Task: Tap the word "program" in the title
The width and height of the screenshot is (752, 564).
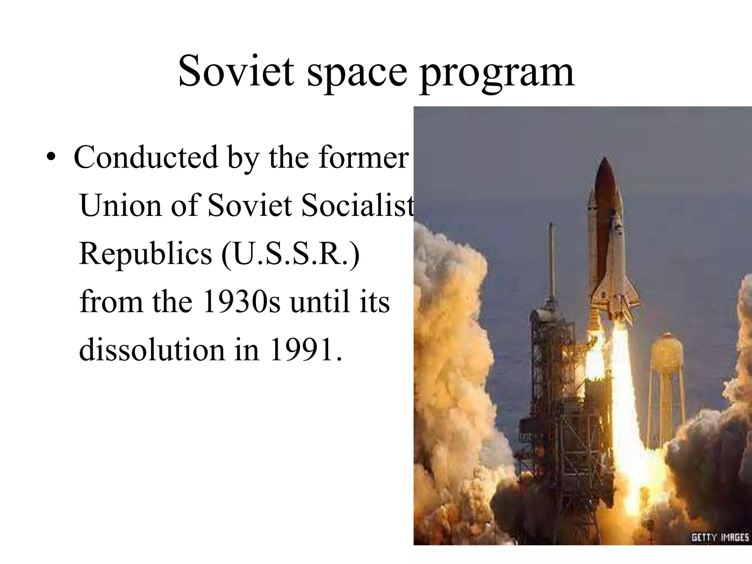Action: click(x=497, y=73)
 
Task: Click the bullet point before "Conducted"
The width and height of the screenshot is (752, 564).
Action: click(x=52, y=158)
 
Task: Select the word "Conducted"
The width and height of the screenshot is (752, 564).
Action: click(x=146, y=157)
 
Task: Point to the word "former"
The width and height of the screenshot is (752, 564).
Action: click(x=364, y=157)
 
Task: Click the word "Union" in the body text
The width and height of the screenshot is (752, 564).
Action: click(x=120, y=205)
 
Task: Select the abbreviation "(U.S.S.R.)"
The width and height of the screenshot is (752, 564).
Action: click(x=290, y=254)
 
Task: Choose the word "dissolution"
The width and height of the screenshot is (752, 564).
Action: click(x=151, y=350)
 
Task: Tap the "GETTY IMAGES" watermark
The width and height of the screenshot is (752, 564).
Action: click(x=720, y=538)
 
